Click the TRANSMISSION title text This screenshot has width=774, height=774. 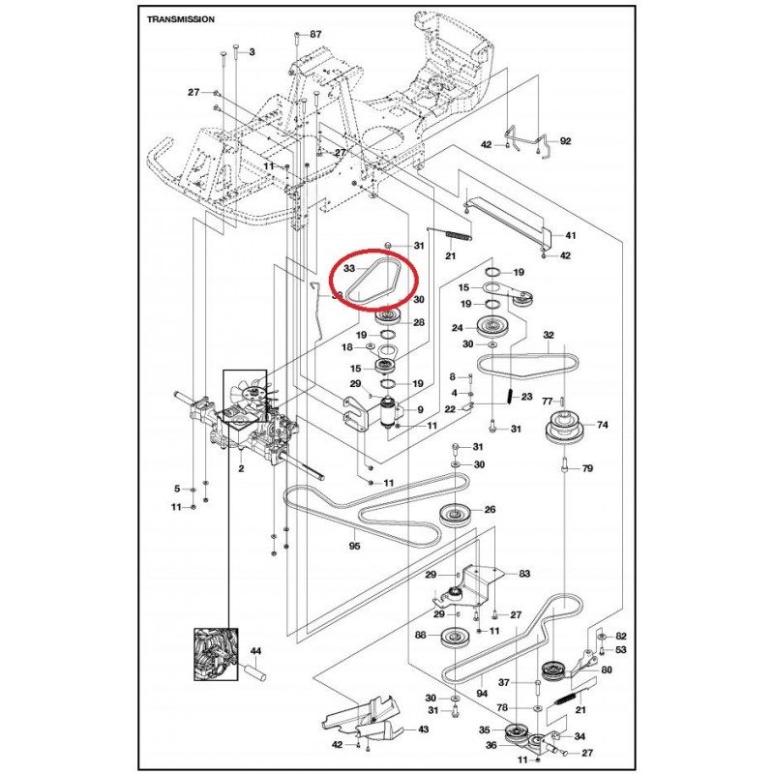point(181,19)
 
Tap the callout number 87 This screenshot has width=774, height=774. point(315,34)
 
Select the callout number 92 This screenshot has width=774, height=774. point(565,141)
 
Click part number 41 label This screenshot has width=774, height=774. point(570,235)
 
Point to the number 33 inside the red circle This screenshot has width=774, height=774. point(349,269)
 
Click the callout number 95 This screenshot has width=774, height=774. point(354,546)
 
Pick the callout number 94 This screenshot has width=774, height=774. point(482,694)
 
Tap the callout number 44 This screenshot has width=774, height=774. point(255,651)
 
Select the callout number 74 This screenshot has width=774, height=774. point(602,425)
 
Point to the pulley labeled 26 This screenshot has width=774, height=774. point(454,516)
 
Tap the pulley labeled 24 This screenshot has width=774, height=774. point(491,327)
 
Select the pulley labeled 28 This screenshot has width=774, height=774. point(390,316)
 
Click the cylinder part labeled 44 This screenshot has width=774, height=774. point(256,671)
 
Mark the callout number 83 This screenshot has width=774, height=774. point(524,574)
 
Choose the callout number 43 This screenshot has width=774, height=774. point(423,729)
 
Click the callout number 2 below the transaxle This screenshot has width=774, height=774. point(241,468)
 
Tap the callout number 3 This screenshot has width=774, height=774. point(253,52)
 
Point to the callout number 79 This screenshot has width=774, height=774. point(587,468)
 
